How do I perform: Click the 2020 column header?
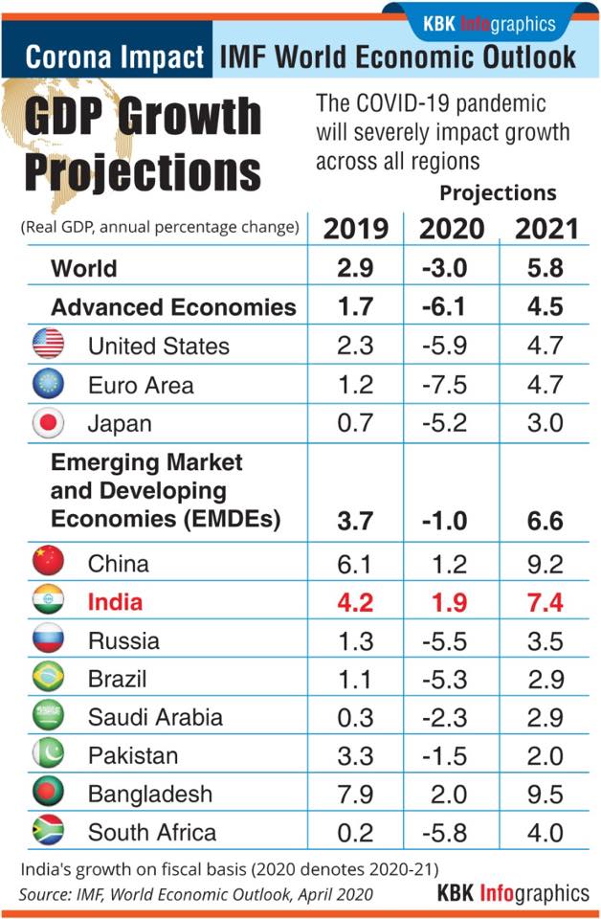pos(452,229)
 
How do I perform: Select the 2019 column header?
pos(356,229)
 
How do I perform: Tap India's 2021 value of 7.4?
pos(545,602)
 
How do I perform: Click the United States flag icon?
pos(48,344)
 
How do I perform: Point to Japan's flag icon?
pos(48,422)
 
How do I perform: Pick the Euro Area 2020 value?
pos(445,385)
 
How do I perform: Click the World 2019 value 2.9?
pos(355,268)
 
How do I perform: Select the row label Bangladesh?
pos(150,795)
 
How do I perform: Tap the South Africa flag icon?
pos(48,830)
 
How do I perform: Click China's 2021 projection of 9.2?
pos(545,564)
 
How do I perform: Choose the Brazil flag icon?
pos(48,677)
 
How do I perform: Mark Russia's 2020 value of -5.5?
pos(445,641)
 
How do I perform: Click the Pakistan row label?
pos(133,755)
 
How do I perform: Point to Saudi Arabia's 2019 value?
pos(355,717)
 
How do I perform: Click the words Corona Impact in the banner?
pos(115,57)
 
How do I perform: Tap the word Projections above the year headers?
pos(498,192)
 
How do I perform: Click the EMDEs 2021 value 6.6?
pos(545,521)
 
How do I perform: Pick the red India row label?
pos(116,602)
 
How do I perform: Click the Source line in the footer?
pos(195,894)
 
